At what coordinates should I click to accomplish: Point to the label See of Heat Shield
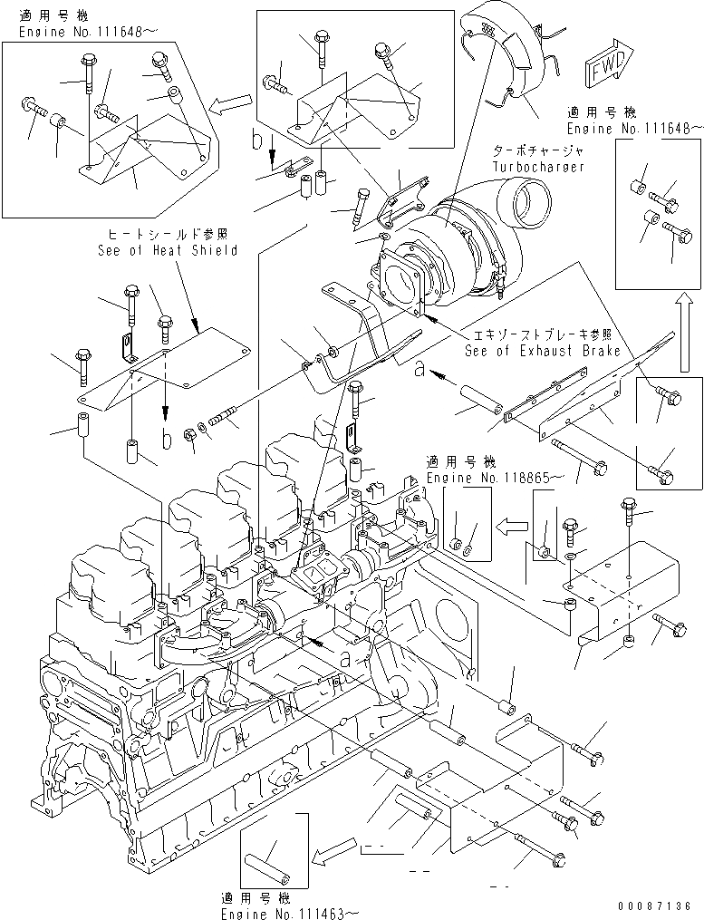point(168,250)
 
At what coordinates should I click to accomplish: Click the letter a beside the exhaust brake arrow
point(419,368)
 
